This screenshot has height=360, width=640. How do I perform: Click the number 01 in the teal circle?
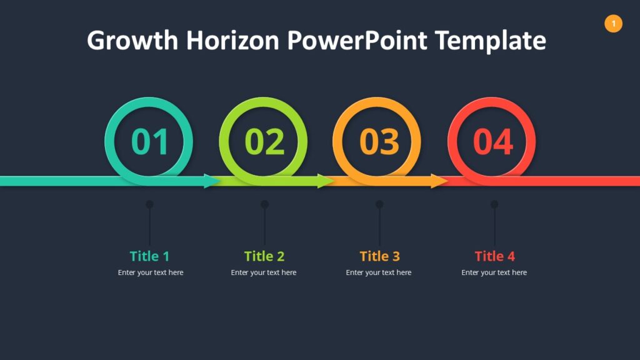(x=150, y=142)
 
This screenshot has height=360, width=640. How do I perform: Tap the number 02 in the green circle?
(x=264, y=142)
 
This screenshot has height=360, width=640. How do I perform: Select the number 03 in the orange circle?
(x=379, y=142)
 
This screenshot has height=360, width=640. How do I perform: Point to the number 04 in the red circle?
(x=493, y=142)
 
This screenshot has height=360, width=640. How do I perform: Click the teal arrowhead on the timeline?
(x=212, y=181)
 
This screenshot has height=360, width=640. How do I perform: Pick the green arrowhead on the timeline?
(x=326, y=181)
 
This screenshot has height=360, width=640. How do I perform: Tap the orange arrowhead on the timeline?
(x=439, y=181)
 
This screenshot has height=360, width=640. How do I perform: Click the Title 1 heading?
(x=149, y=256)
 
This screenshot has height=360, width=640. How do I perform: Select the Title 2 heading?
(x=264, y=256)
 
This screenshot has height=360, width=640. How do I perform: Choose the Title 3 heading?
(x=379, y=256)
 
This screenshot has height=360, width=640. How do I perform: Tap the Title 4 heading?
(x=494, y=256)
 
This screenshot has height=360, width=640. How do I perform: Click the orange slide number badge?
(x=613, y=24)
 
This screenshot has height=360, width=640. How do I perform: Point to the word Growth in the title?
(x=132, y=41)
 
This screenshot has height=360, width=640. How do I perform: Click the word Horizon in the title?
(x=232, y=41)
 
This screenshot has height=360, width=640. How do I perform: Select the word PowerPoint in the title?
(x=357, y=41)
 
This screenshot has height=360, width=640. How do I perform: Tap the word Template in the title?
(x=491, y=41)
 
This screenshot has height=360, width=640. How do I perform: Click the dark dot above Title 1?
(x=149, y=204)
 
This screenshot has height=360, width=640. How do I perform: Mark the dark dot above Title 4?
(x=494, y=204)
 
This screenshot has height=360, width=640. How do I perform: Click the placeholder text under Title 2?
(x=264, y=272)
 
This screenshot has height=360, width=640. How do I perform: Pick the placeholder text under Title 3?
(x=379, y=272)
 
